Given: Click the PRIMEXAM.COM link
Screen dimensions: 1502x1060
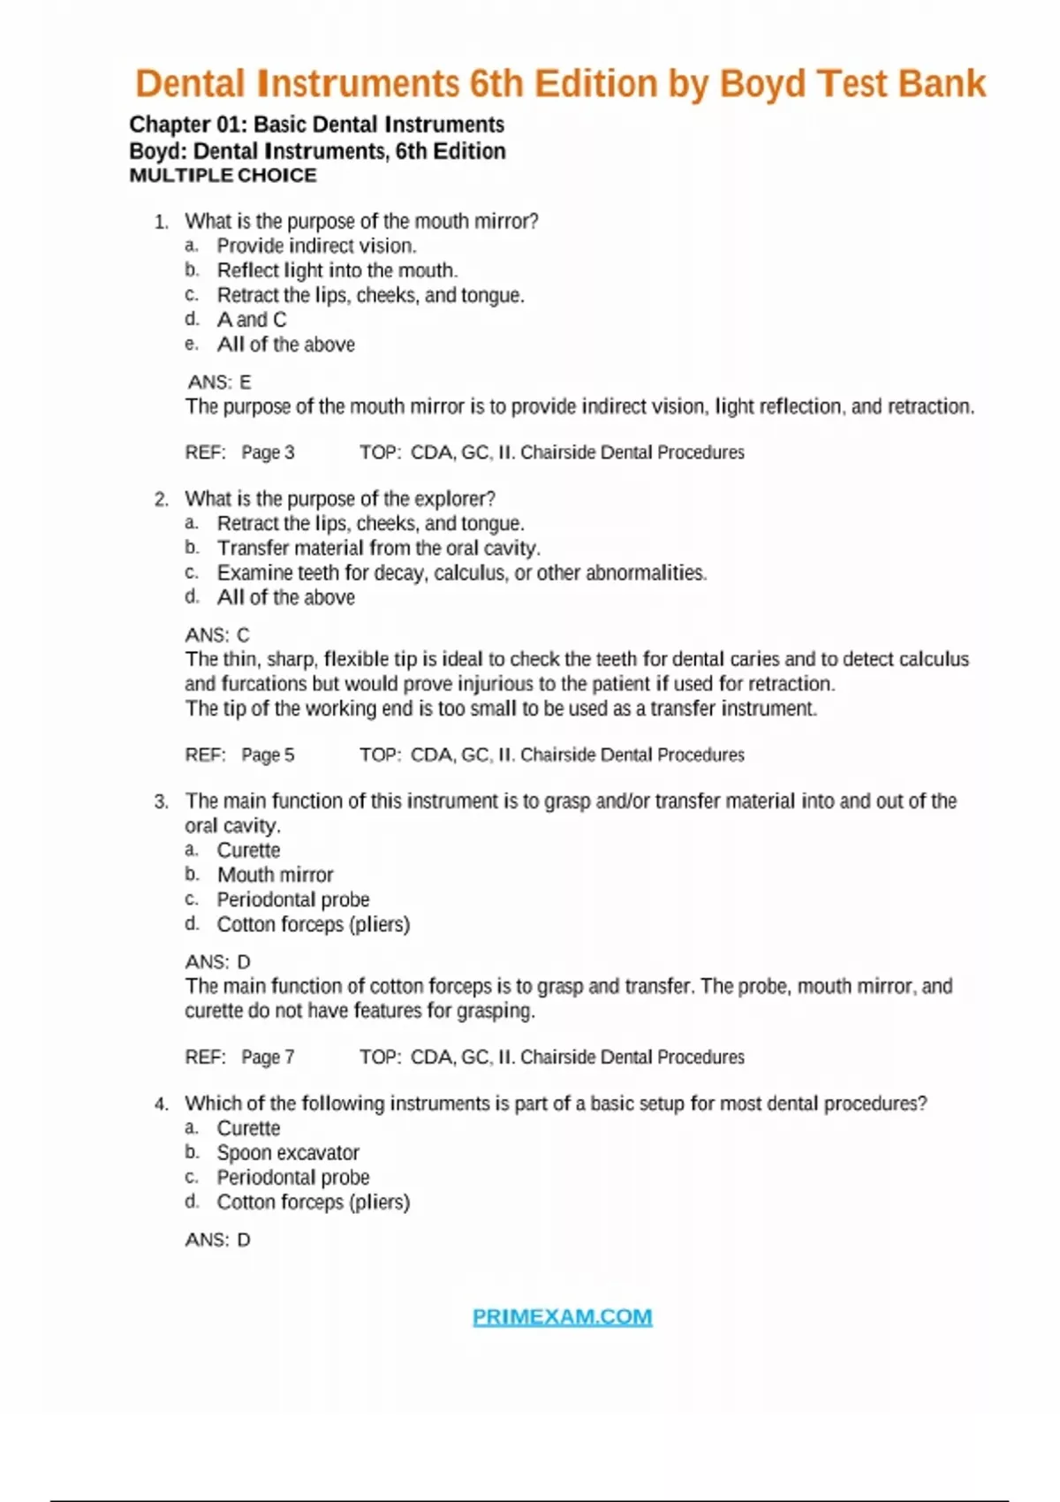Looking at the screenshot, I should [562, 1316].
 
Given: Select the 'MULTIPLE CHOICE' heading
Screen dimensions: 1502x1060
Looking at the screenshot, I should [223, 175].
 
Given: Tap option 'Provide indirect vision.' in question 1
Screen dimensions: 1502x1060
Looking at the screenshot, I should [316, 246].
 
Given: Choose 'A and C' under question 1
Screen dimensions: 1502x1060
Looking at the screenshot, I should [252, 320].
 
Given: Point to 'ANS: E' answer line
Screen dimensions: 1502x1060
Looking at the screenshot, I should [219, 382].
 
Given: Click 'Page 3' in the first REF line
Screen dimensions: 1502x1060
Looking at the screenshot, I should [268, 452].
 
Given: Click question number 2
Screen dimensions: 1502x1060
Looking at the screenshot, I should [161, 499].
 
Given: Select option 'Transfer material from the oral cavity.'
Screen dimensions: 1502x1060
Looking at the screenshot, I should [379, 548].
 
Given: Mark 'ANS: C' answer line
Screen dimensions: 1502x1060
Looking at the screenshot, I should [217, 634].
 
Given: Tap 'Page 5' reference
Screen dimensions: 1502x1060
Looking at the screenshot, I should [268, 755].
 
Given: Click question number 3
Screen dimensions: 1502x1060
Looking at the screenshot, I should [161, 801].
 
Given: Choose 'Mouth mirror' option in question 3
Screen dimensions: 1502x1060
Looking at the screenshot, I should [275, 875].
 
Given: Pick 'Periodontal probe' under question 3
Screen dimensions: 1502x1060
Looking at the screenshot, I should [293, 899].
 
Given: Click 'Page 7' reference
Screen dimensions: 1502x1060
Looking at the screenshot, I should [268, 1057].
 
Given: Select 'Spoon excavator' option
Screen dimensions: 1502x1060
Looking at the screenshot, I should [288, 1153].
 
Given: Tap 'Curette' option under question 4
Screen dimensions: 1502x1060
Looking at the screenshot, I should [248, 1128].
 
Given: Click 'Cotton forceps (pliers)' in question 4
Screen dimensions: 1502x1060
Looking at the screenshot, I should [314, 1202].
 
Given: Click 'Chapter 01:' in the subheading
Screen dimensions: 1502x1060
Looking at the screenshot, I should [187, 125].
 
